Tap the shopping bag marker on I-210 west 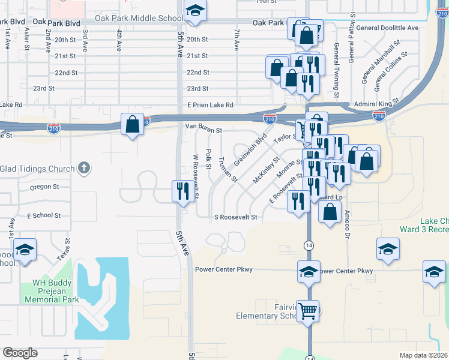click(x=132, y=124)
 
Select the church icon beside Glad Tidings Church click(x=84, y=169)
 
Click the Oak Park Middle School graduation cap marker click(x=194, y=12)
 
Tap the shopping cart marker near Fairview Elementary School click(x=309, y=311)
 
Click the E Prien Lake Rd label click(x=209, y=105)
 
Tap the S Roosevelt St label click(x=235, y=217)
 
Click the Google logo click(x=20, y=353)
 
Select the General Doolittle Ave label click(x=387, y=28)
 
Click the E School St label click(x=44, y=215)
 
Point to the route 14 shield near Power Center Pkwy click(x=309, y=245)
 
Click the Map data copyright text click(x=423, y=355)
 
